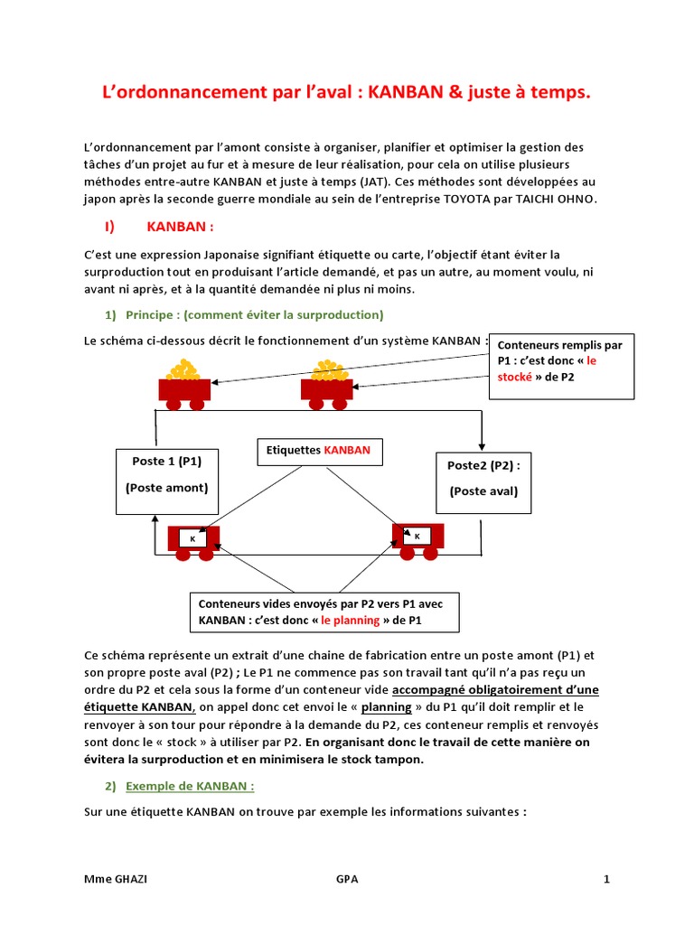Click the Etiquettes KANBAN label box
tap(319, 450)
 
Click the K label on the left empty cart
tap(192, 538)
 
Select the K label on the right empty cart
tap(417, 536)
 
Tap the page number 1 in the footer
tap(607, 879)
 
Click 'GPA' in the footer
tap(346, 879)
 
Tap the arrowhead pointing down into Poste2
tap(482, 446)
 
